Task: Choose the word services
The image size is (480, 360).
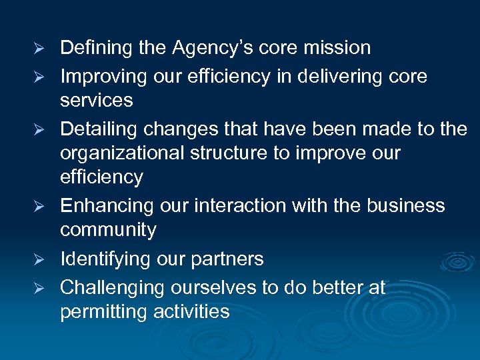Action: (x=96, y=101)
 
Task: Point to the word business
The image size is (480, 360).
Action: (x=407, y=205)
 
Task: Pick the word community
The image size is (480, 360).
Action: (x=108, y=230)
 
